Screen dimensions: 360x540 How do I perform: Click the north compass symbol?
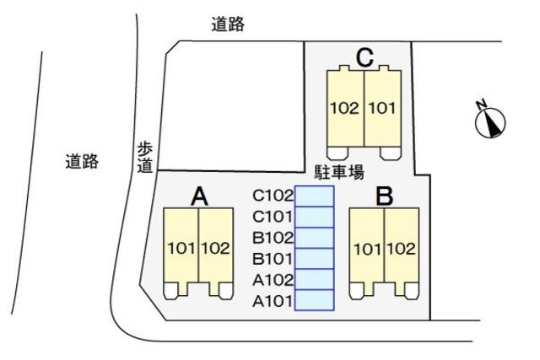[490, 121]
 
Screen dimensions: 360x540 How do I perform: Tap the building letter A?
[199, 196]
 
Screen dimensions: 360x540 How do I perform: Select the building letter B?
[385, 197]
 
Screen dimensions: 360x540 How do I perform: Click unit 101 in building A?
[181, 248]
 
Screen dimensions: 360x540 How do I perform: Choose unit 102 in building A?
[216, 248]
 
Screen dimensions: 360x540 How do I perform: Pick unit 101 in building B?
[367, 248]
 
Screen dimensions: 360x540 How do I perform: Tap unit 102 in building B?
[402, 248]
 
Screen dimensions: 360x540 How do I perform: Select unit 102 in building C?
[345, 108]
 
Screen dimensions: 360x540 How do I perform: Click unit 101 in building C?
[382, 108]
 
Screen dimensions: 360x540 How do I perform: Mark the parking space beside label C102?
[314, 196]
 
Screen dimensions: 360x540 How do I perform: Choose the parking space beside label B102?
[314, 238]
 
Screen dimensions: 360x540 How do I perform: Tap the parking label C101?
[272, 216]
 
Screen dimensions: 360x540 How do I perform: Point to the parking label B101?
[272, 258]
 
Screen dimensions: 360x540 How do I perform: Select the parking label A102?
[272, 279]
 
